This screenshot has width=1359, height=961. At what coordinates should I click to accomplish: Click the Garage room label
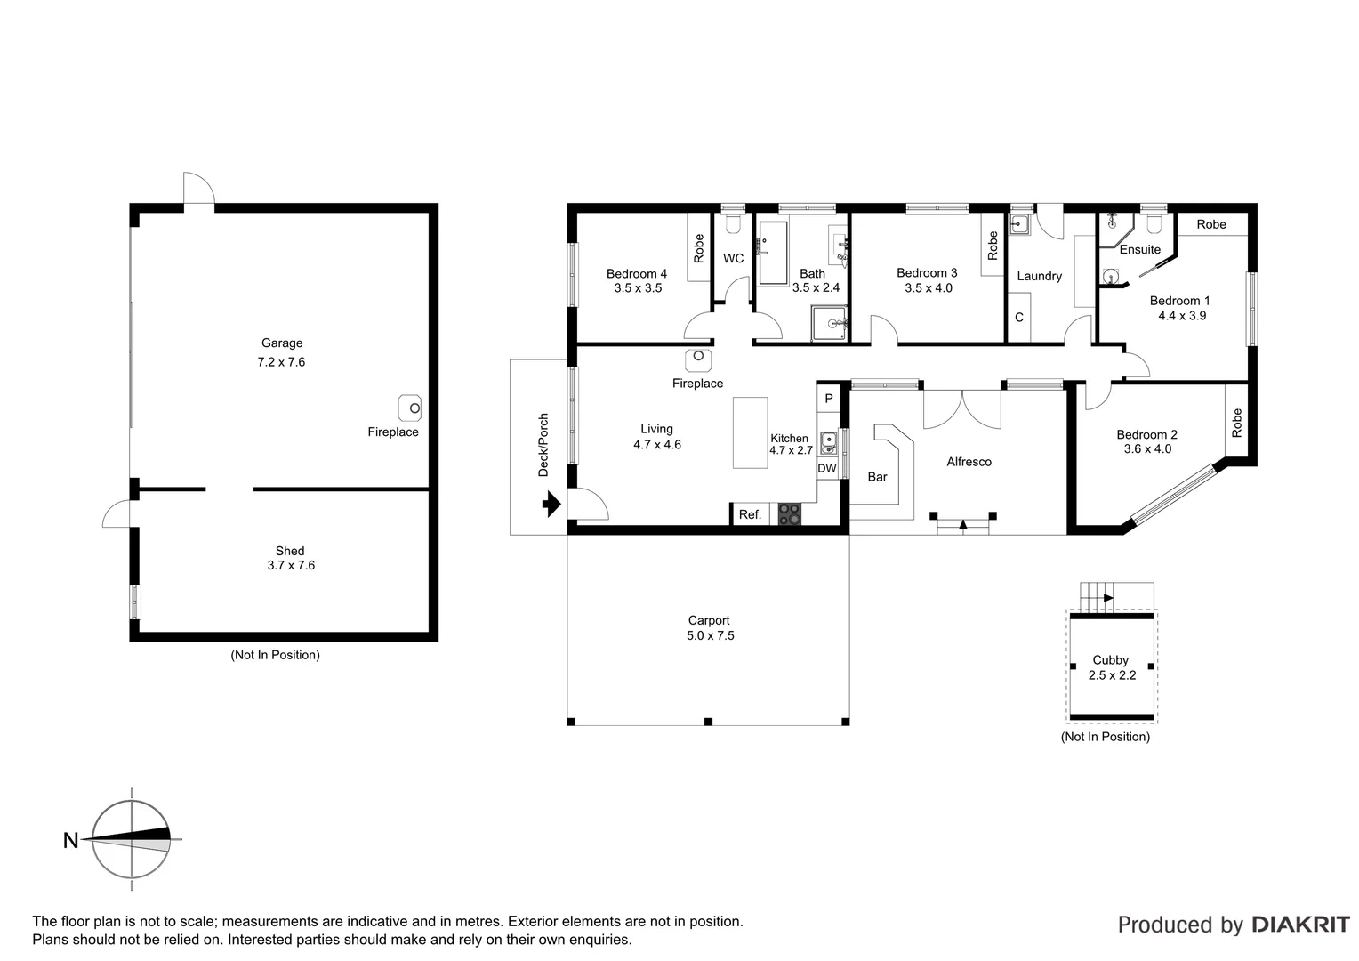tap(282, 343)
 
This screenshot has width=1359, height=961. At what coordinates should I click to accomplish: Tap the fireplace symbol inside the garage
tap(410, 408)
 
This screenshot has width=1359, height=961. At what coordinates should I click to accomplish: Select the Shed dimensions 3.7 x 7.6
tap(291, 565)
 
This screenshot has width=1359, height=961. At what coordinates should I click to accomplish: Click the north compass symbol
tap(132, 839)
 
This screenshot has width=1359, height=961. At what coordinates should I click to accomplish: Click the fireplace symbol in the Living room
tap(698, 358)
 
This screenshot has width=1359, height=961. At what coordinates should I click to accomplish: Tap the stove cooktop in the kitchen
tap(789, 514)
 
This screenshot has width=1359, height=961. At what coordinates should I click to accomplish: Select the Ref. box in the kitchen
tap(750, 514)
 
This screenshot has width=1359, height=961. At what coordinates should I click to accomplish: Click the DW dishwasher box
tap(827, 468)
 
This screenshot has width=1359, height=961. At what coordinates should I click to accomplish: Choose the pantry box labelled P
tap(829, 398)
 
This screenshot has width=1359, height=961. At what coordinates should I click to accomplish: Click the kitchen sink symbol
tap(829, 441)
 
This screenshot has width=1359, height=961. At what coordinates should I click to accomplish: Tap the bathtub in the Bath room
tap(772, 254)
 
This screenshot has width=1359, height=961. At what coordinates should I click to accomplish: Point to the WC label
tap(733, 259)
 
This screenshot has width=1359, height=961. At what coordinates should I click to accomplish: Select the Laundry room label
tap(1039, 276)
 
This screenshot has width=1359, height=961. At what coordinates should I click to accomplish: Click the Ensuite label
tap(1139, 250)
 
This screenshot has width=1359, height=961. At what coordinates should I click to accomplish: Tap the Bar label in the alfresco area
tap(877, 477)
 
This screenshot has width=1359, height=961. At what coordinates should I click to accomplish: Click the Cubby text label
tap(1110, 660)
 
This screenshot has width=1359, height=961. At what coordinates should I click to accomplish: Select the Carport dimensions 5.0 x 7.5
tap(710, 635)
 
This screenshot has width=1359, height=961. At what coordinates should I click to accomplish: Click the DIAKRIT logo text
tap(1300, 925)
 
